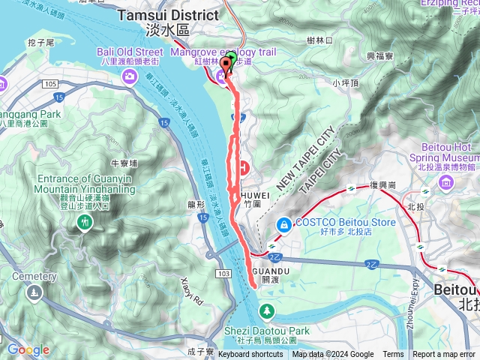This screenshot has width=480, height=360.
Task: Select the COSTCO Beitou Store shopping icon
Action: pos(283,223)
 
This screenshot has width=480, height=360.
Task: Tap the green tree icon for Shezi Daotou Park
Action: pos(268,310)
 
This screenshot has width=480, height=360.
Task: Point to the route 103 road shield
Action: pos(226,276)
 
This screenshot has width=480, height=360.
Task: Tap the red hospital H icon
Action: pos(245,166)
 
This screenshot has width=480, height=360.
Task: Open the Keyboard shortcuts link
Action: pos(250,354)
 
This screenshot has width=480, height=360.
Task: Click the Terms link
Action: pos(393,354)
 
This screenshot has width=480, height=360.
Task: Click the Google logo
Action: pos(28,349)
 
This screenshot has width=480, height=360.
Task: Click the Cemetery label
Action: pos(34,277)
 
